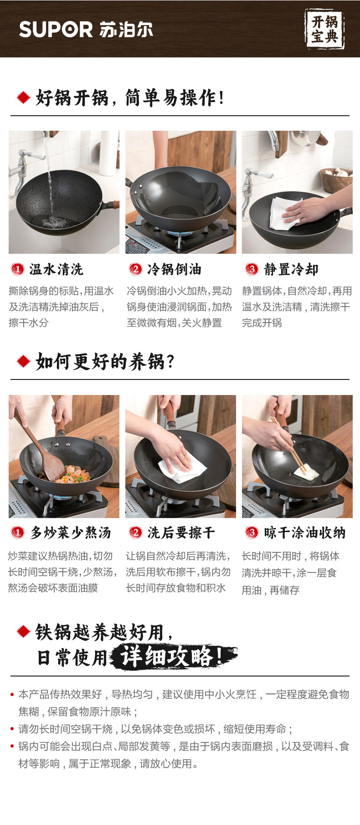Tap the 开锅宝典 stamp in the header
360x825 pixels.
click(324, 29)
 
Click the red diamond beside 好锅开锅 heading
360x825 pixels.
click(23, 97)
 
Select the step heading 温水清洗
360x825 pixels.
click(56, 269)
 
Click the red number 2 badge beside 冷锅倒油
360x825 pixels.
click(135, 269)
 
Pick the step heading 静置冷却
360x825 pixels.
click(291, 269)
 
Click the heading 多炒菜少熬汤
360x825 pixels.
click(71, 533)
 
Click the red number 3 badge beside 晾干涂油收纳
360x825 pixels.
click(252, 532)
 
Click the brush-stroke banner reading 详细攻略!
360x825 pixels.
click(173, 656)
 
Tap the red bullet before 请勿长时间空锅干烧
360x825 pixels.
click(12, 729)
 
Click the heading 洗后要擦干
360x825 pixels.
click(181, 533)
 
